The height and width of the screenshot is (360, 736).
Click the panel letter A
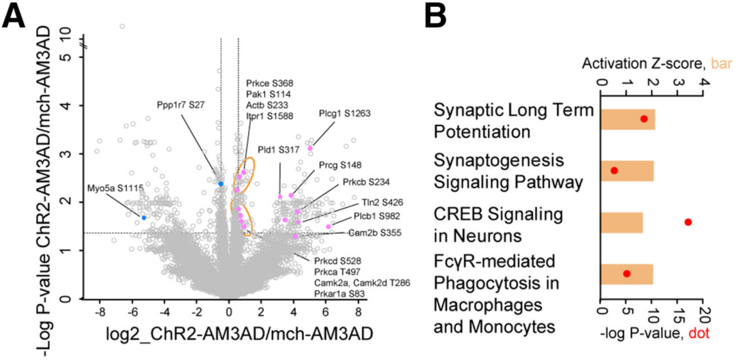(14, 16)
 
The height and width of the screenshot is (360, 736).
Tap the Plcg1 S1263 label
(344, 114)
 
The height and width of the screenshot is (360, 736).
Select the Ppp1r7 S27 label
(181, 106)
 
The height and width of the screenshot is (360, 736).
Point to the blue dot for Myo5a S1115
(143, 217)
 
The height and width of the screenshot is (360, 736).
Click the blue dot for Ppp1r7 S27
(221, 183)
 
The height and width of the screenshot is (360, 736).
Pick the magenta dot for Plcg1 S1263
(310, 148)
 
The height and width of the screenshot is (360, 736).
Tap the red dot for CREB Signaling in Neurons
(688, 222)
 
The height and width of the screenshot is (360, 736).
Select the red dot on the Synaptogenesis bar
(614, 170)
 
